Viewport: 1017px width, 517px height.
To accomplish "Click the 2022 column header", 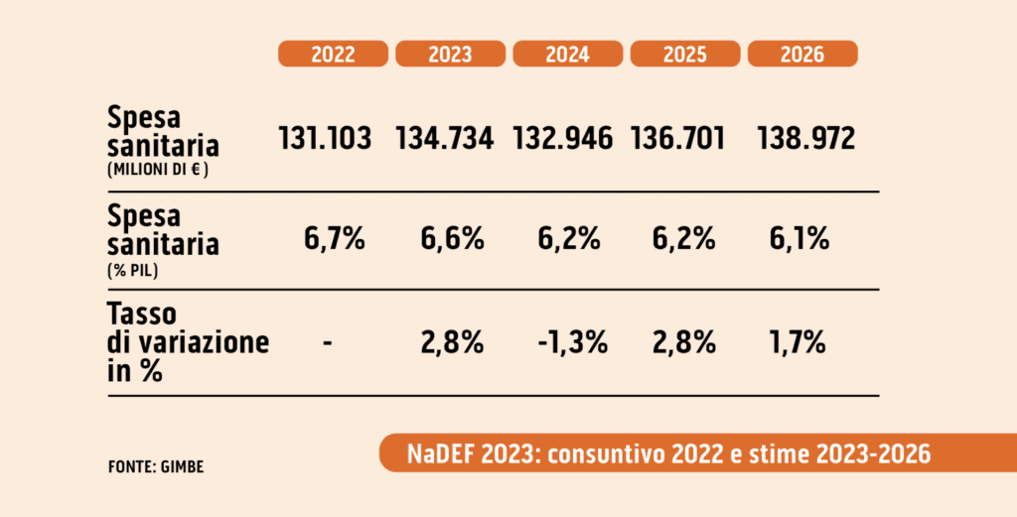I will click(333, 55).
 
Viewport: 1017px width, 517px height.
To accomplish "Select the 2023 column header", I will click(450, 55).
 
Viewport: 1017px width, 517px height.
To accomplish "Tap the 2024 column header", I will click(567, 55).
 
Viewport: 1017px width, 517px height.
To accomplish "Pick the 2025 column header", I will click(684, 55).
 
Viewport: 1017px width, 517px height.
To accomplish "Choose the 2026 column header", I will click(801, 55).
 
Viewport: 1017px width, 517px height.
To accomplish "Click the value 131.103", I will click(325, 138).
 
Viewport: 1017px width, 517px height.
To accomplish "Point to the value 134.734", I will click(444, 138).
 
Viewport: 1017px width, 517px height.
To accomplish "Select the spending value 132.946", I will click(563, 138).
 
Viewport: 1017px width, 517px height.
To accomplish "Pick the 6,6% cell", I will click(450, 240).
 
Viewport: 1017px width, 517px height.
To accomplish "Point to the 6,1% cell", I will click(798, 240).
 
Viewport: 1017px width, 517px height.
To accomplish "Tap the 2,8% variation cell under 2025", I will click(684, 343).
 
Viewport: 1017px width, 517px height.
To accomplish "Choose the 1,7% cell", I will click(798, 343).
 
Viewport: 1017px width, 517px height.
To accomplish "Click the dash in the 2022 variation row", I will click(328, 343).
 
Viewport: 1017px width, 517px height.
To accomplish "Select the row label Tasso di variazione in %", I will click(188, 342).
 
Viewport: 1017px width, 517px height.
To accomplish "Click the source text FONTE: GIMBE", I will click(156, 465).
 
